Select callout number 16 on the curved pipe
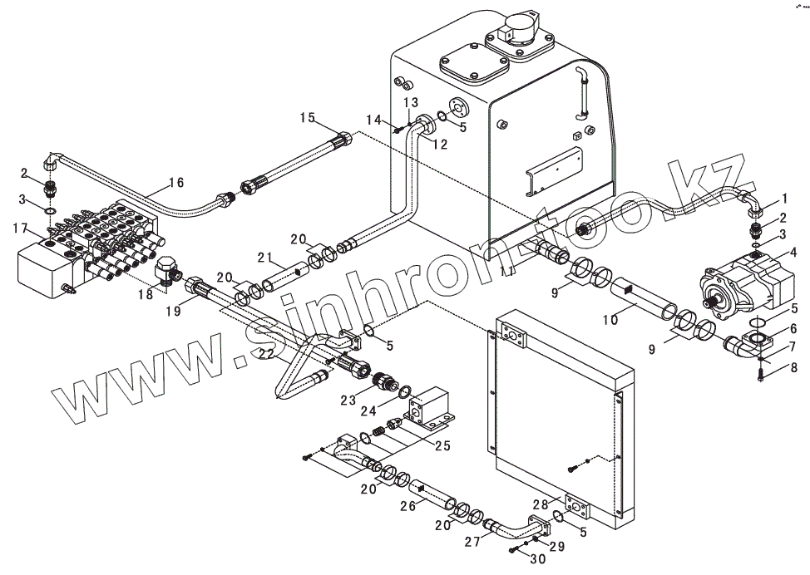[175, 183]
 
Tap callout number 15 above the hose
[308, 119]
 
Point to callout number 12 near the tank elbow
[439, 145]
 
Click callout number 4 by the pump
[793, 252]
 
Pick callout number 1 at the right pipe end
[782, 199]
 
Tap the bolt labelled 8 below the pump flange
[763, 374]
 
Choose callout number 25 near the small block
[442, 446]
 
